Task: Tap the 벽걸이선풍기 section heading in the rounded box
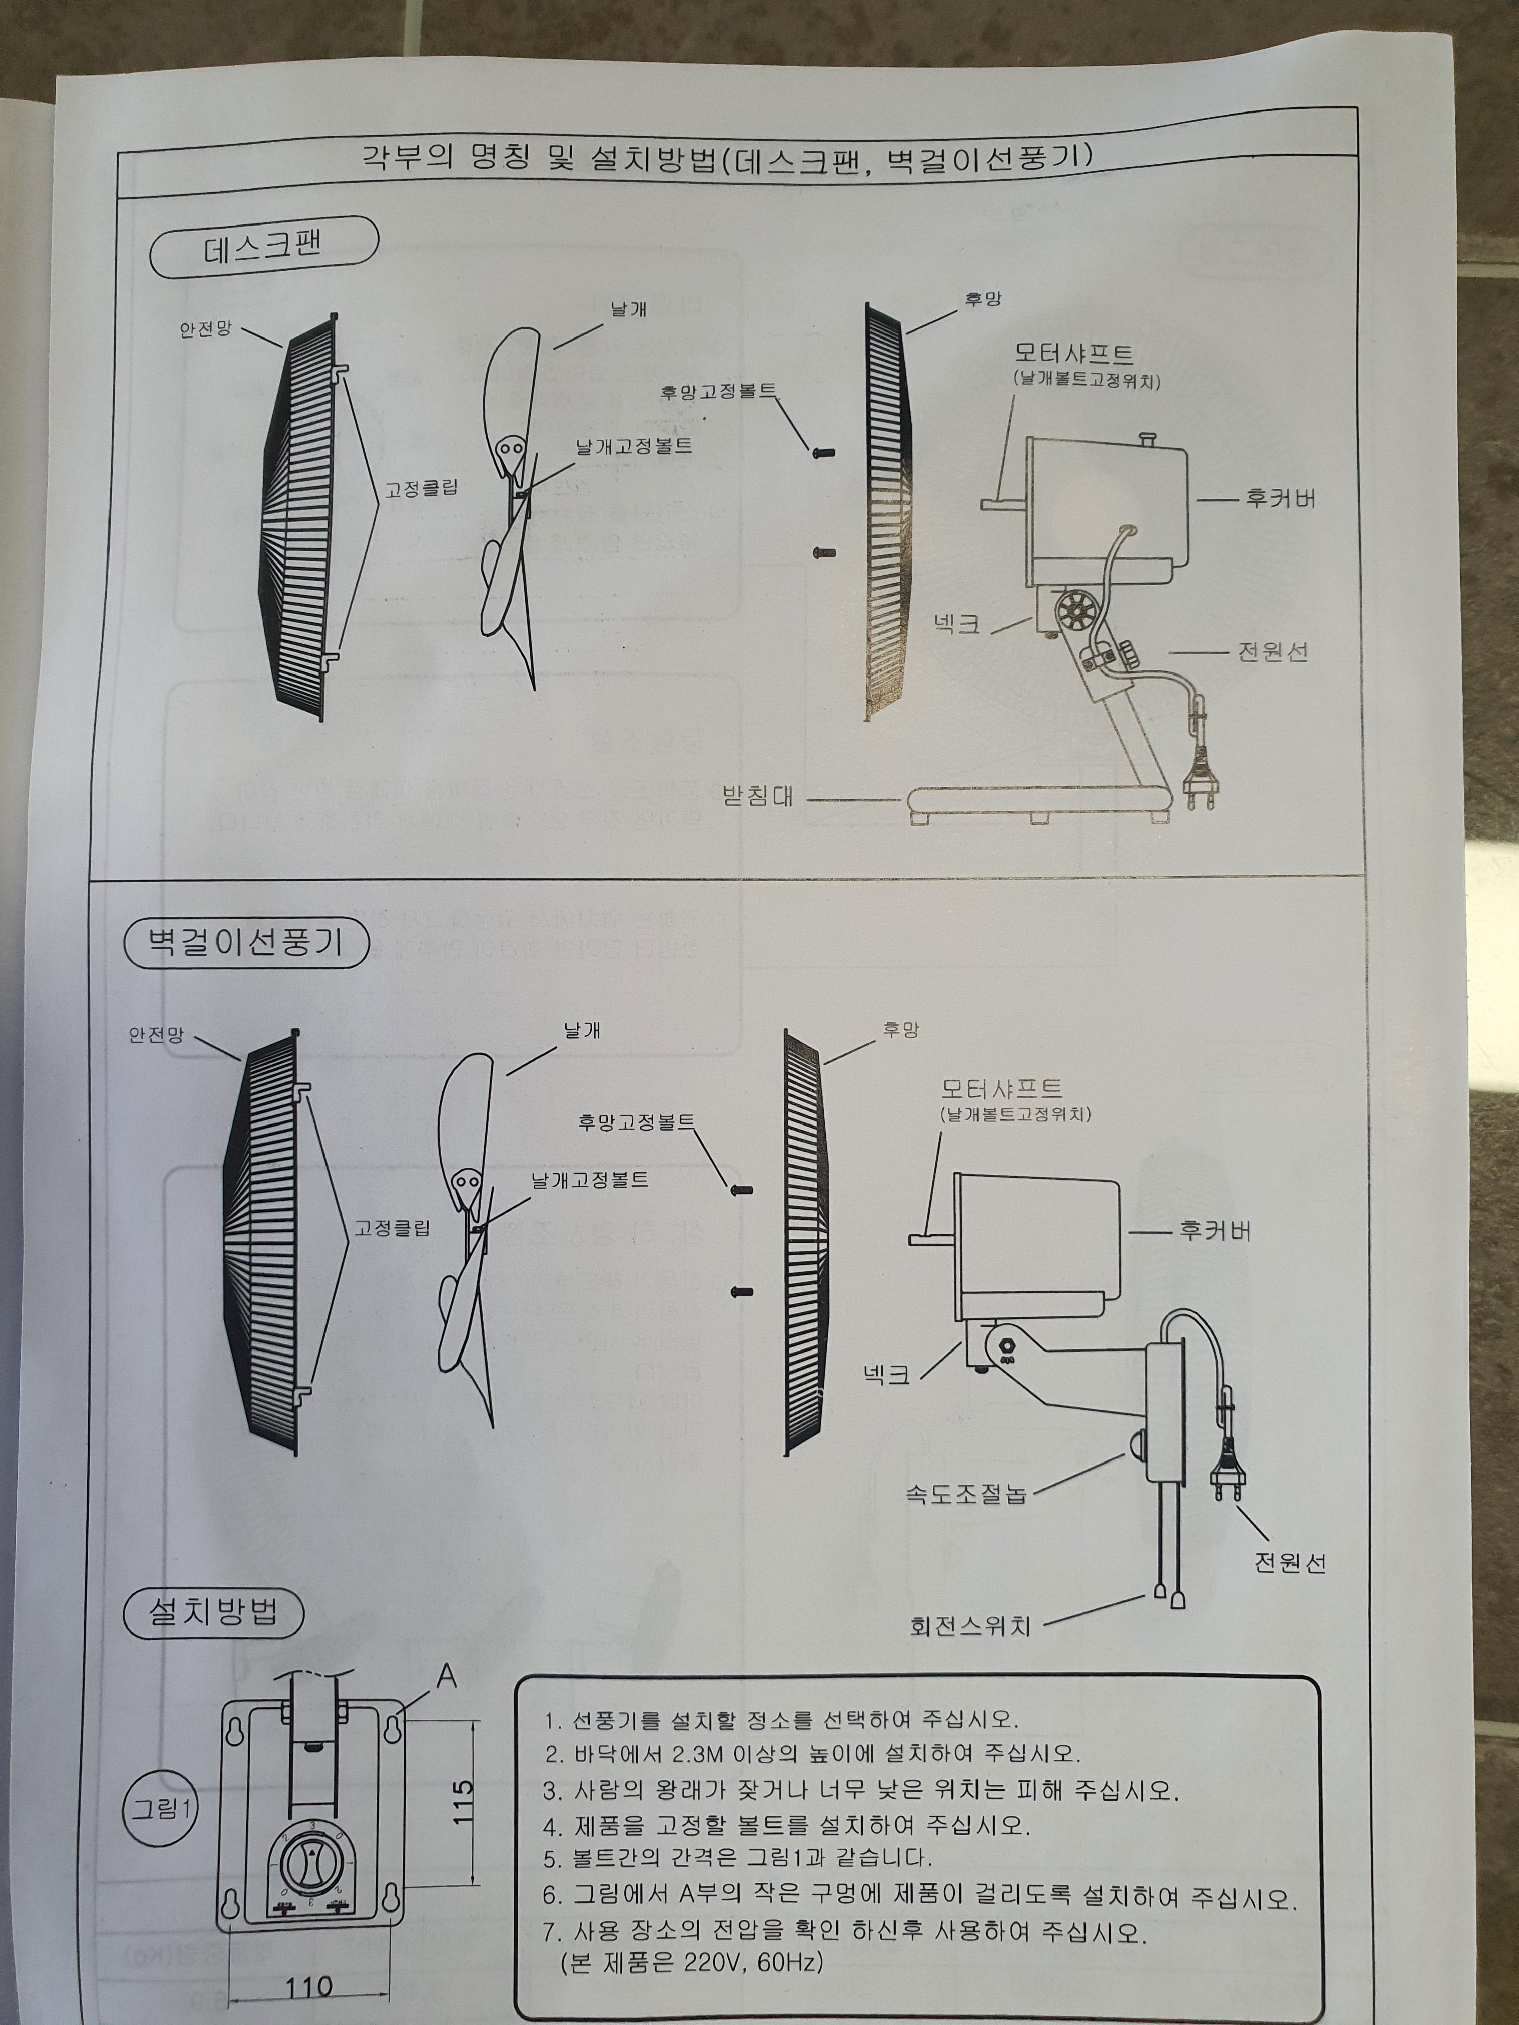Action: [246, 943]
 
